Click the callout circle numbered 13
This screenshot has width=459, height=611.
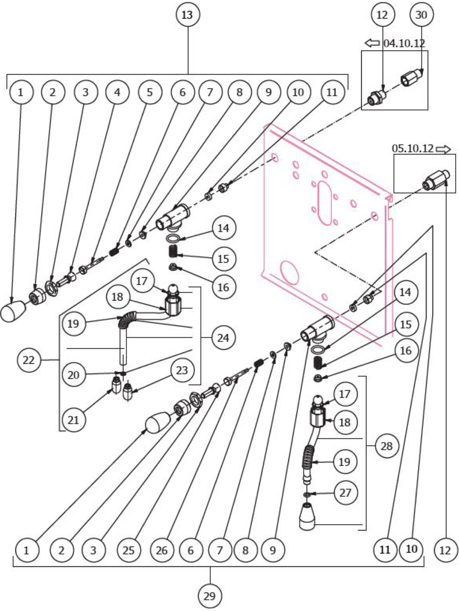[187, 15]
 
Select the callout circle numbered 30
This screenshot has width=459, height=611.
[421, 15]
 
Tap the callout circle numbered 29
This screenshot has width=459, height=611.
[210, 595]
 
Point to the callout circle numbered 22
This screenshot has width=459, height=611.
[29, 360]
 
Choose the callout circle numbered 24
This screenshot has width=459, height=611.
[223, 338]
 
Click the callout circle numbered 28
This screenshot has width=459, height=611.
[386, 446]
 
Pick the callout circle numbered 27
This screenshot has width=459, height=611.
[345, 492]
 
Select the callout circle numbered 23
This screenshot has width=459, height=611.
[182, 370]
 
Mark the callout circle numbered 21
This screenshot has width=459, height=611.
[73, 420]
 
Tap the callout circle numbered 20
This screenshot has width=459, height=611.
[73, 374]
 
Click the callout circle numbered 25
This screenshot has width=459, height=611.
[129, 550]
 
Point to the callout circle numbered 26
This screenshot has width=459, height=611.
[161, 550]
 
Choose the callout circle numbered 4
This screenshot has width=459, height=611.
[117, 92]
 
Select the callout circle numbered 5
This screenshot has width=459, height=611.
[150, 92]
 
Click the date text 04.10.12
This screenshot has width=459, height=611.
[404, 43]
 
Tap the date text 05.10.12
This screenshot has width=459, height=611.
[413, 149]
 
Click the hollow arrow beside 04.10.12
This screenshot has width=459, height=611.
[373, 43]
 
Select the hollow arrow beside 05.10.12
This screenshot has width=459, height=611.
[443, 149]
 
